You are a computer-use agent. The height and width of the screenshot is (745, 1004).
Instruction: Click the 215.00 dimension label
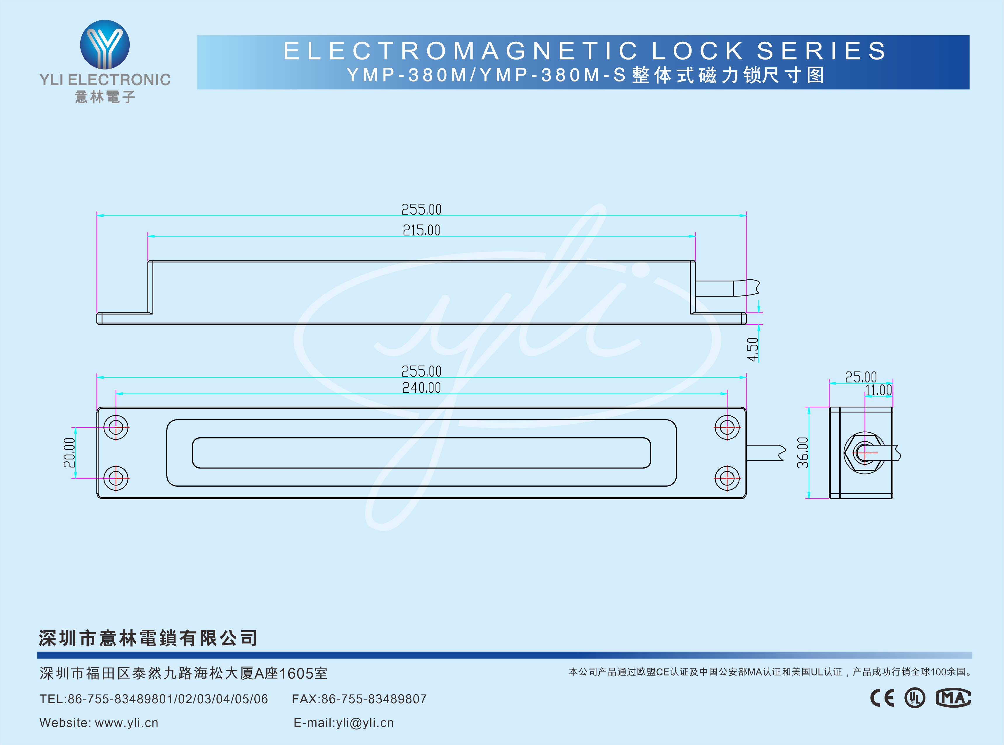coord(421,230)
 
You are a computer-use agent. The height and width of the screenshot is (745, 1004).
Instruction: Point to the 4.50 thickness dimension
coord(752,349)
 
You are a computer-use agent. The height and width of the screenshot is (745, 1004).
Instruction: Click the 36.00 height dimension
coord(803,453)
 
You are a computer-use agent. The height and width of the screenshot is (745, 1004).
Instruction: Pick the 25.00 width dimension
coord(861,377)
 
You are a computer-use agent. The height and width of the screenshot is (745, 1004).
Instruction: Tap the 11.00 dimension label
coord(878,390)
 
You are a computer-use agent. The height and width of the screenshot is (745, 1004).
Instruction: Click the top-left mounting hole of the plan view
coord(116,427)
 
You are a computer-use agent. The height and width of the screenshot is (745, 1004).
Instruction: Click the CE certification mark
coord(882,698)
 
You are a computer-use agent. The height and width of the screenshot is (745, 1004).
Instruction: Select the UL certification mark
coord(915,698)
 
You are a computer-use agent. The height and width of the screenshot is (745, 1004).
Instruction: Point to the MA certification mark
coord(953,698)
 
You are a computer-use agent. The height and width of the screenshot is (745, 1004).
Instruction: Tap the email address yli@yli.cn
coord(365,723)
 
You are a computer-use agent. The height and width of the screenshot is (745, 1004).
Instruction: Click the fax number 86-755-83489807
coord(374,699)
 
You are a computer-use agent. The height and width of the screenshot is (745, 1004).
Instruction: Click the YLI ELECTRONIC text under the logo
coord(105,80)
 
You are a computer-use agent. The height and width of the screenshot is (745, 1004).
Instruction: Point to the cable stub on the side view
coord(726,288)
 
